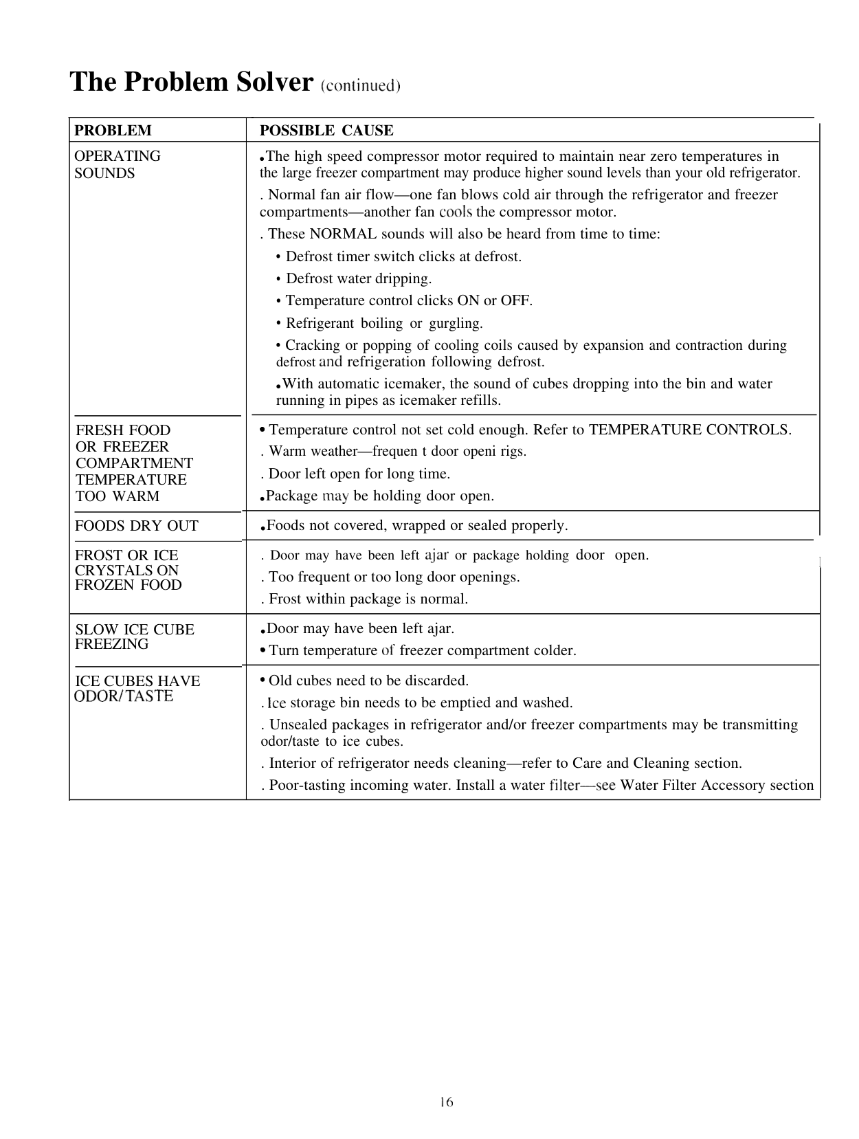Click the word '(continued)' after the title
(x=360, y=86)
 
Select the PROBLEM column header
(x=113, y=131)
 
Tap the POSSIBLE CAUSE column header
(x=326, y=131)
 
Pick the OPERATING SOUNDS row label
(x=117, y=164)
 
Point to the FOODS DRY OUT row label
(x=137, y=526)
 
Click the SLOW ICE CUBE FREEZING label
(x=134, y=637)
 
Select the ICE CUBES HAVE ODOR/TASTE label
(x=137, y=688)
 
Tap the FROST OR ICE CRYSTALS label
(x=128, y=570)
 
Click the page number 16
(x=447, y=1103)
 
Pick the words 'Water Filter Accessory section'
(x=717, y=785)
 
